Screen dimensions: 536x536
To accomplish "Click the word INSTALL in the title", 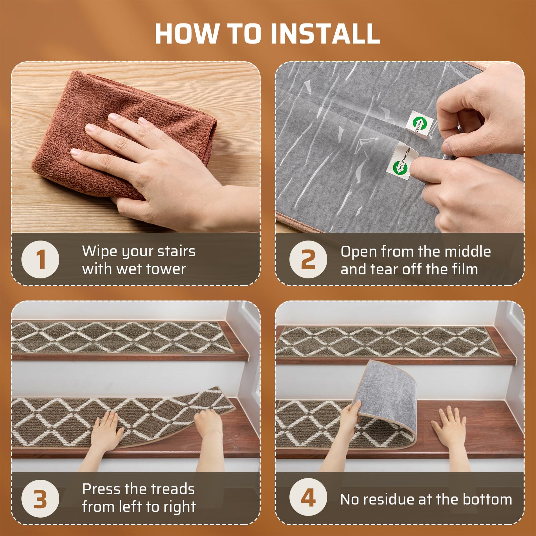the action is pos(325,34).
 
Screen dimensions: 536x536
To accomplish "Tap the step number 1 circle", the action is pos(40,259).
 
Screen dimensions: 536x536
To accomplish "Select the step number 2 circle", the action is pos(308,259).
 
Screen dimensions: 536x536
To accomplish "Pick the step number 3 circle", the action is pos(40,498).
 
